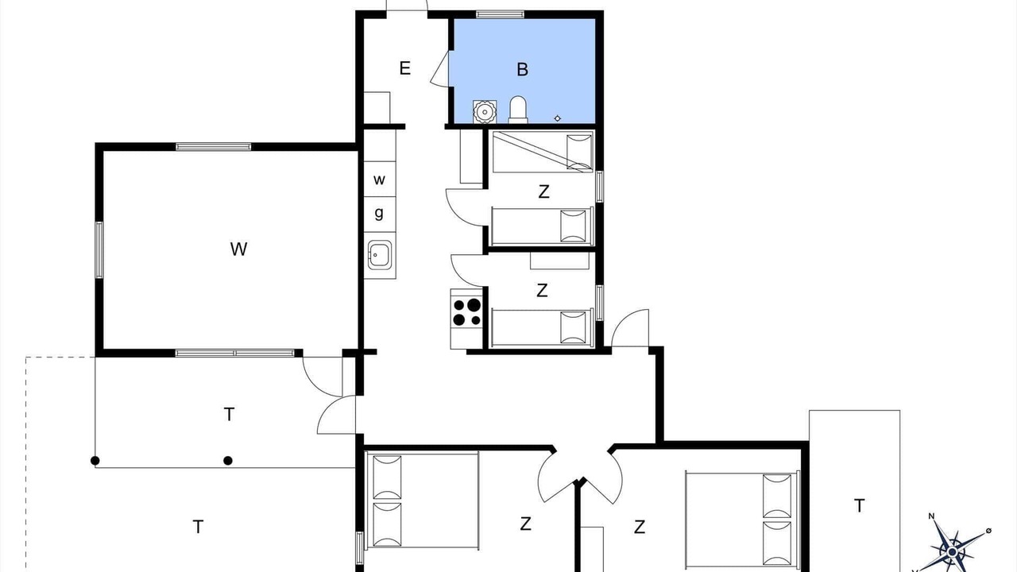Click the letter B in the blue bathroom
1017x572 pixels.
(x=522, y=69)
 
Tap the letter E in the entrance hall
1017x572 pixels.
(x=405, y=68)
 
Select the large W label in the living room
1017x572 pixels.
(x=239, y=249)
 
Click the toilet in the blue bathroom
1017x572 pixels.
(x=518, y=110)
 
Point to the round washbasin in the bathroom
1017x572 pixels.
(x=485, y=112)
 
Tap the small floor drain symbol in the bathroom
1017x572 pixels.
(x=558, y=118)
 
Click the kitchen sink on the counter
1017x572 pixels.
(x=380, y=255)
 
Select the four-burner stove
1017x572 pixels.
(x=466, y=313)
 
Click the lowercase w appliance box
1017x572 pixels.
(x=380, y=179)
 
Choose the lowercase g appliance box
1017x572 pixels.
(x=380, y=214)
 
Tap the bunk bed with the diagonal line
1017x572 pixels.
(x=543, y=152)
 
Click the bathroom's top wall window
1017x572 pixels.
(x=500, y=14)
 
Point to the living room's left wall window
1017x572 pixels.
(x=99, y=250)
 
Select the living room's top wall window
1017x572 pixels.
(x=214, y=147)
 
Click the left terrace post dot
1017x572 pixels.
(x=95, y=461)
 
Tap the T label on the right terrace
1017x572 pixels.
(x=859, y=505)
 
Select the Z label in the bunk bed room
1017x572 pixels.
(x=543, y=191)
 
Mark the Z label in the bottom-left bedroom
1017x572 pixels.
(x=525, y=524)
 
